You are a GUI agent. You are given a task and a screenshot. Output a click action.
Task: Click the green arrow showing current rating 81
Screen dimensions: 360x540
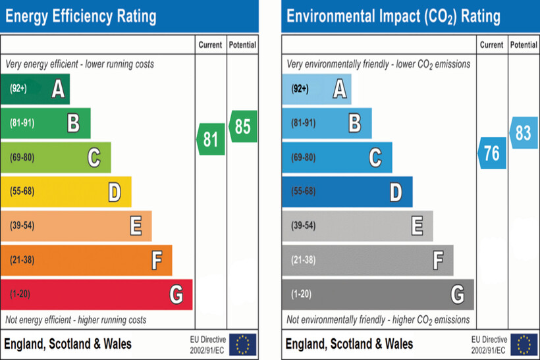(x=211, y=140)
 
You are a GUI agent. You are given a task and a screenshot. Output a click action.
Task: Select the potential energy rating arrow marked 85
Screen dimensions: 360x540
(x=243, y=126)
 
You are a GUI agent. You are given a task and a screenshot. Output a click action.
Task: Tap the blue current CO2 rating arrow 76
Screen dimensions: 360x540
(x=492, y=153)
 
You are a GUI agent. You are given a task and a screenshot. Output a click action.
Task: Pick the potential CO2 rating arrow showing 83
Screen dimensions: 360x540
(x=524, y=133)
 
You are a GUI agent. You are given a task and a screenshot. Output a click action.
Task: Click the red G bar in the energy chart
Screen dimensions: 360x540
(x=96, y=294)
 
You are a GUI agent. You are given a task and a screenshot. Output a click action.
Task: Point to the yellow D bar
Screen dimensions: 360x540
(x=66, y=192)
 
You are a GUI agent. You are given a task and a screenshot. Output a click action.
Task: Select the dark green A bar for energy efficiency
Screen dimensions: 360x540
(x=35, y=89)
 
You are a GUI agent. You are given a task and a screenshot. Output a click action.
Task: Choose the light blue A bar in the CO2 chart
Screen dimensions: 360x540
(x=316, y=89)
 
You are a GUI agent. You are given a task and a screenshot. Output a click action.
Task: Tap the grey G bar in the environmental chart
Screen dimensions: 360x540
(x=377, y=294)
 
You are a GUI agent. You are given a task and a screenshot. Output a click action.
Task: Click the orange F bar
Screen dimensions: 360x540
(x=86, y=260)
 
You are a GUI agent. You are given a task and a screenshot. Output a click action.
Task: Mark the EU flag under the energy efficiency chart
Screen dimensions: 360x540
(x=243, y=344)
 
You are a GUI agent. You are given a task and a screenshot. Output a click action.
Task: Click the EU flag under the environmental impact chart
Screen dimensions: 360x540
(x=524, y=344)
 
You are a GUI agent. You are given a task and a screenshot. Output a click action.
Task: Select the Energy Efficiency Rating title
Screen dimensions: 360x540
(x=81, y=16)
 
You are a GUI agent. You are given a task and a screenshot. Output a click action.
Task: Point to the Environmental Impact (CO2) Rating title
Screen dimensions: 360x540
(x=393, y=16)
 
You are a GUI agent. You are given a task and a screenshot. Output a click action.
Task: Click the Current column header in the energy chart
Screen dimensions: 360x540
(x=211, y=45)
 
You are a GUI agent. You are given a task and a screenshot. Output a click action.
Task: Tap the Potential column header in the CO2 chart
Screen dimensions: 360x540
(x=524, y=45)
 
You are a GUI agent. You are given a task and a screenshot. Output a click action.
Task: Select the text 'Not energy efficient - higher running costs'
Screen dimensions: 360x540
(x=76, y=320)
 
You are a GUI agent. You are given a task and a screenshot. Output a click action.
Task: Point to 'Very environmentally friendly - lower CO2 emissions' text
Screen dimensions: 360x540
(x=379, y=64)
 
